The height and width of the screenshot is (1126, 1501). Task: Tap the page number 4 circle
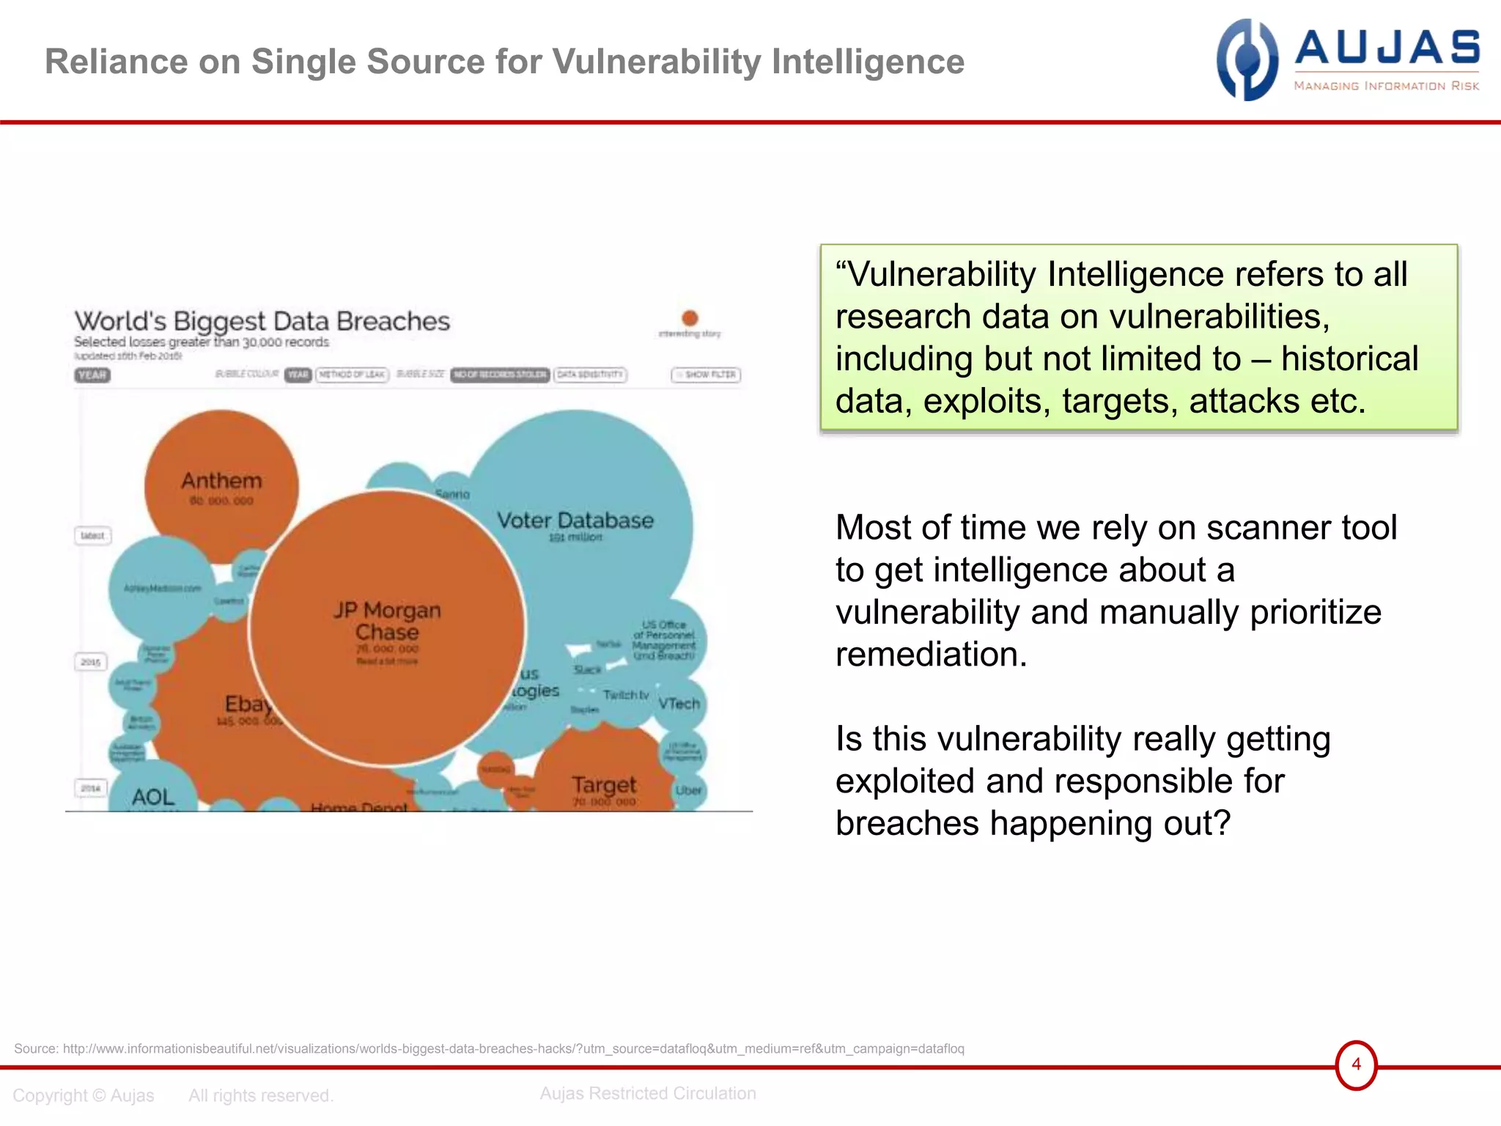(1356, 1064)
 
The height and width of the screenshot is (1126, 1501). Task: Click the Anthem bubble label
(221, 481)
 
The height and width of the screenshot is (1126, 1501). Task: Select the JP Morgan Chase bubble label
(387, 621)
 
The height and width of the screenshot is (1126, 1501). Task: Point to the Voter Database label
(575, 520)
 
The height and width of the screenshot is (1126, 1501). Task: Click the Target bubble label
(605, 785)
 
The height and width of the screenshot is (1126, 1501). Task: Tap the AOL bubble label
(153, 797)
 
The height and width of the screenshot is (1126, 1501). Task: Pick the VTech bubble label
(679, 704)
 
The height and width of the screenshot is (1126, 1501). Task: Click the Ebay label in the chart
(248, 704)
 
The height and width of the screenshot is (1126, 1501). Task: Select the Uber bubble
(688, 790)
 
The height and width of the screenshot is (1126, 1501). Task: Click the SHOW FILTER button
(706, 375)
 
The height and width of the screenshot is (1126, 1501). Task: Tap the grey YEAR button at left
(92, 375)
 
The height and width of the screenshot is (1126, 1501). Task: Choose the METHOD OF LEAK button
(352, 375)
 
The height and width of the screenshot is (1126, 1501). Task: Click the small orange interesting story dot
(690, 318)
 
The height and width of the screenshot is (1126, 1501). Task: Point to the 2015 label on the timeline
(91, 662)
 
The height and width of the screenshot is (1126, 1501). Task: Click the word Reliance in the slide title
(117, 62)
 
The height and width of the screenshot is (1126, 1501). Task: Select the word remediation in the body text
(931, 654)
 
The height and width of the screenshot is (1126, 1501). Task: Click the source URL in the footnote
(513, 1048)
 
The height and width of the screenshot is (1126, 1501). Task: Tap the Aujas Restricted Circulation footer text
(648, 1093)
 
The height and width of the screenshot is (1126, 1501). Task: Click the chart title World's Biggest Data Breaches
(262, 321)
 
